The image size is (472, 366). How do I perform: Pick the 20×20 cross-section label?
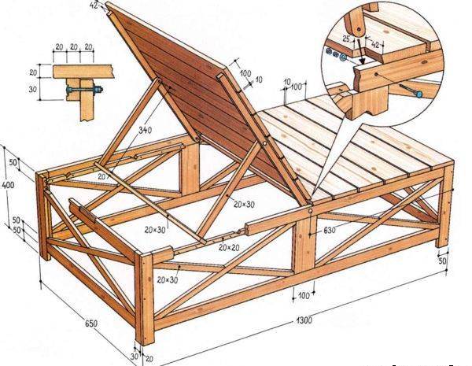point(229,248)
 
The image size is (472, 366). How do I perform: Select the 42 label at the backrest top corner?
point(94,5)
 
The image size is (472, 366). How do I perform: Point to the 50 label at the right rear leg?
point(442,261)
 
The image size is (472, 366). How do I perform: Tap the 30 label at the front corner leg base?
point(135,356)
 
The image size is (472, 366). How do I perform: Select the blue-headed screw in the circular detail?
point(418,94)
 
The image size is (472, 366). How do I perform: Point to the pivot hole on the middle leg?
point(312,211)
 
